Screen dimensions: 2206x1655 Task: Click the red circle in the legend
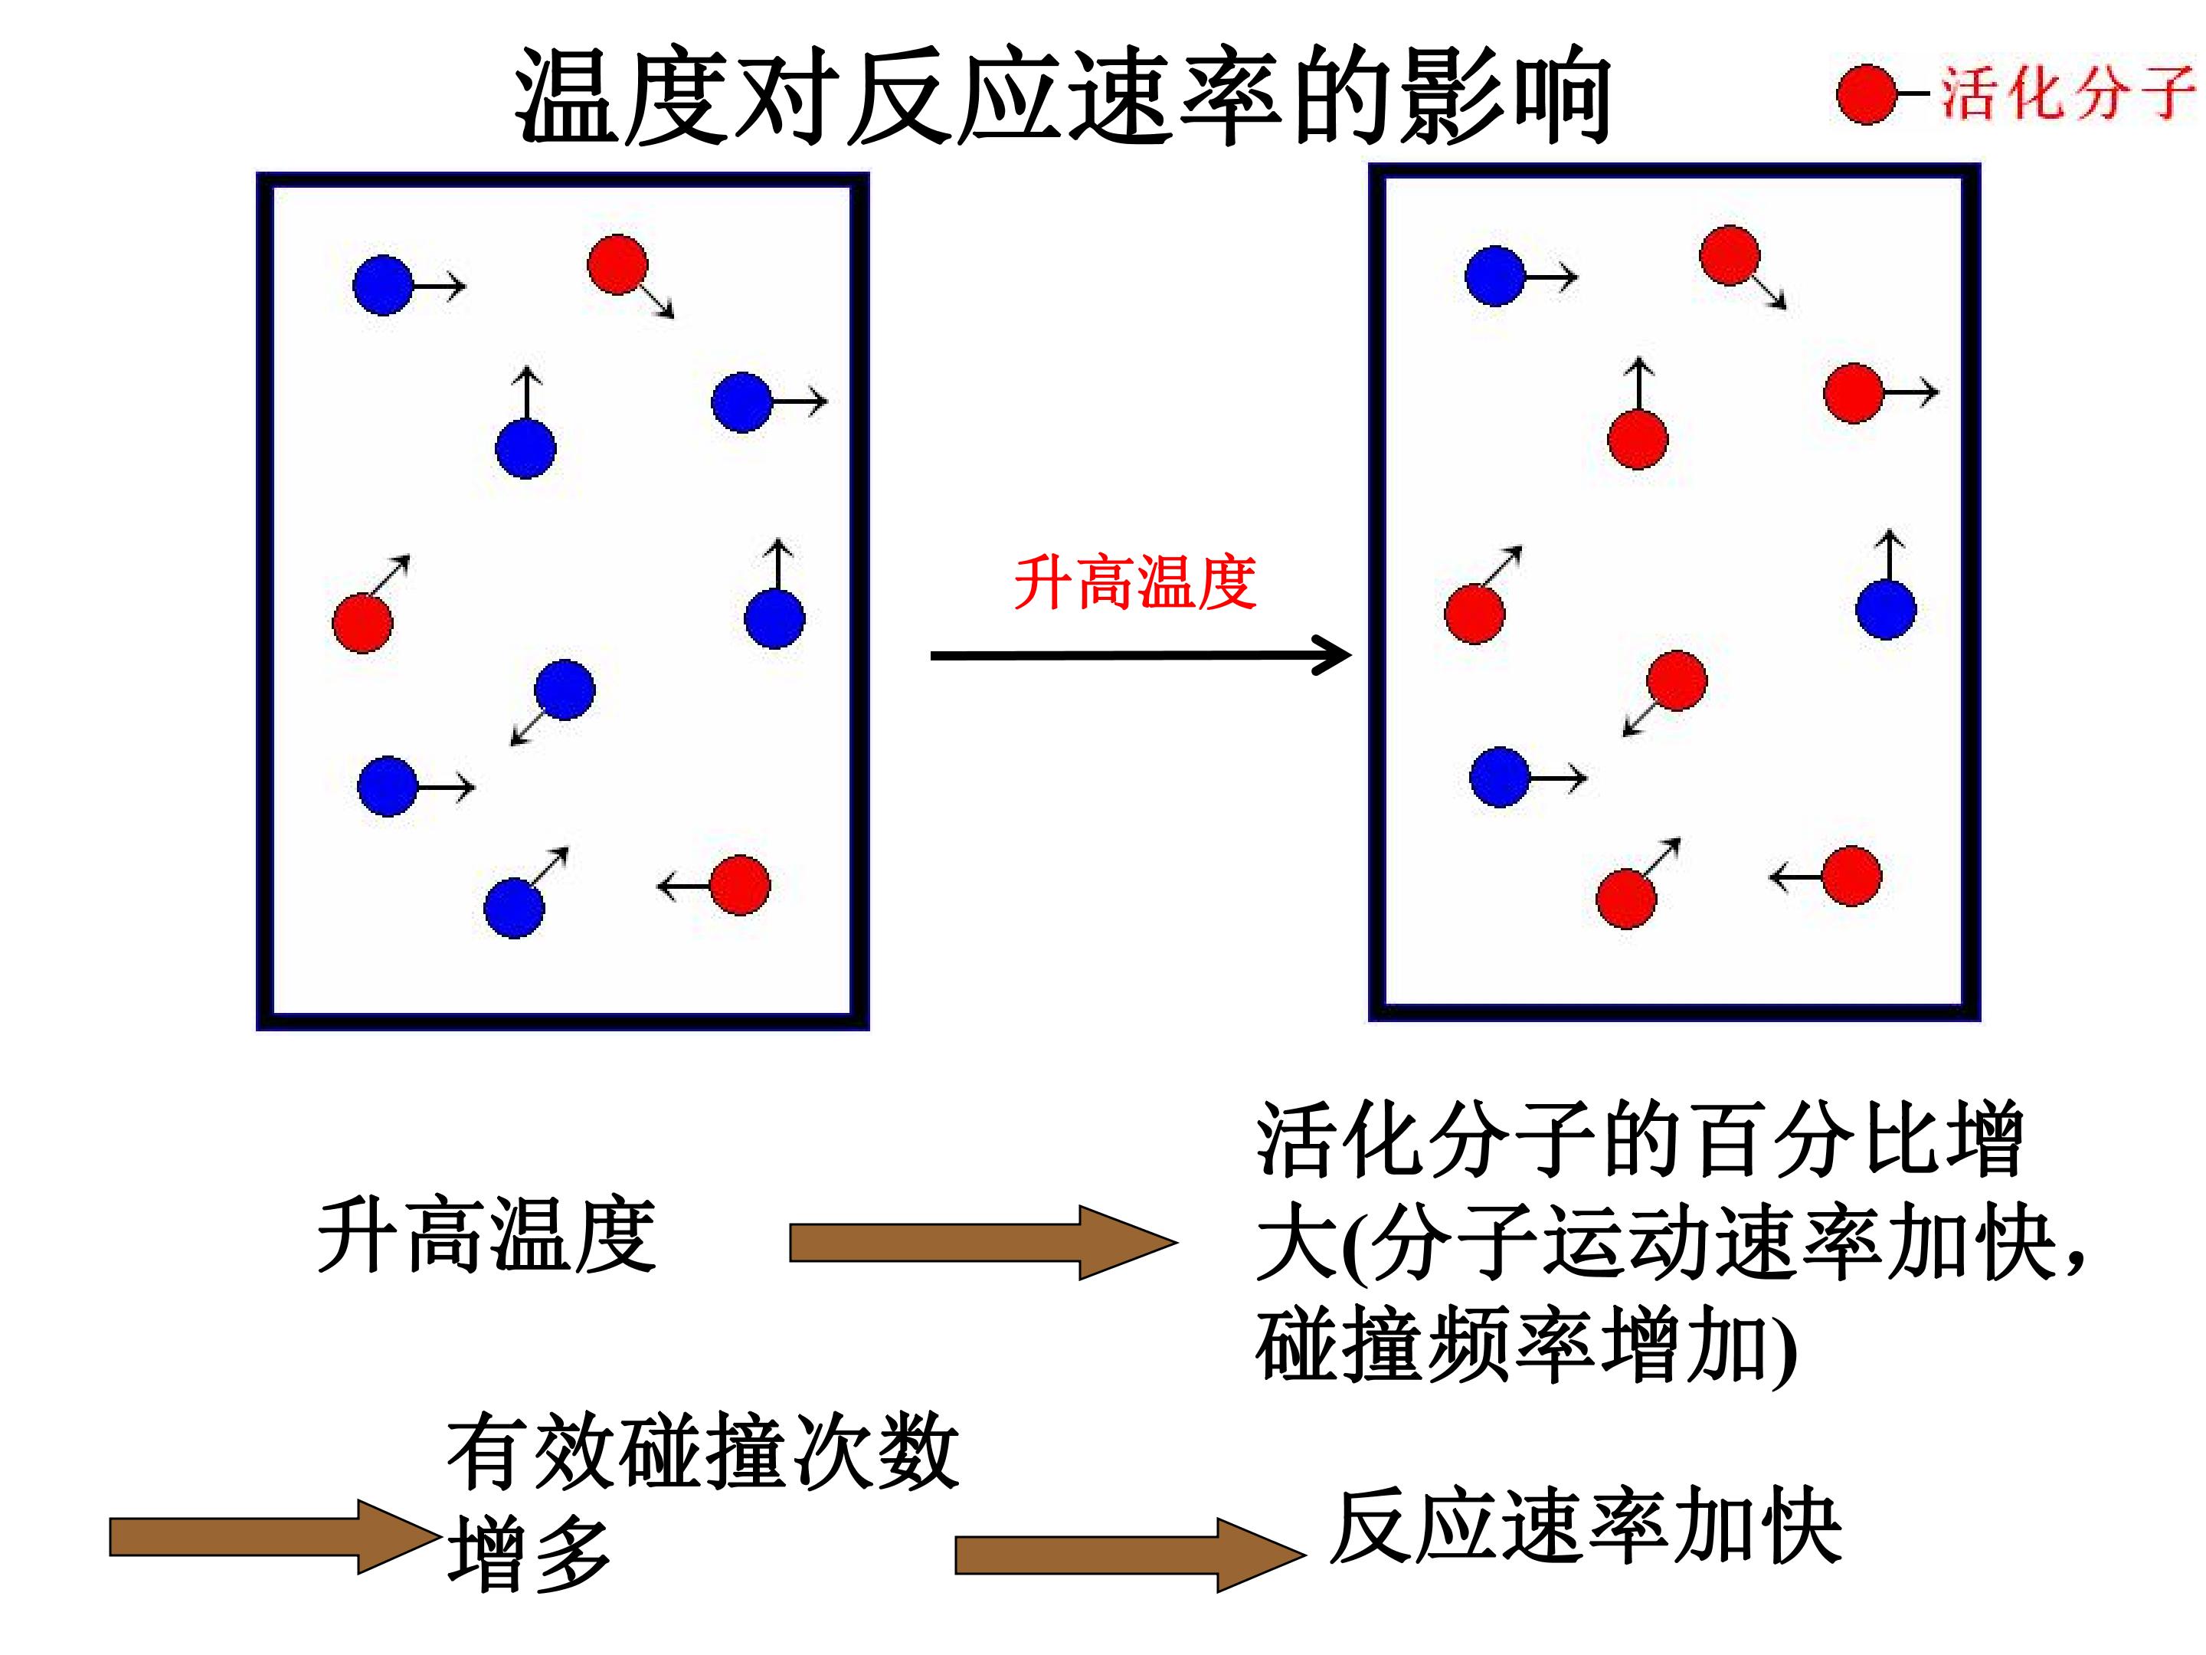[1866, 95]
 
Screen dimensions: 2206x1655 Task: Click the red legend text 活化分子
[2068, 93]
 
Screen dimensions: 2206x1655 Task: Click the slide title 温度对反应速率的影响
[1062, 95]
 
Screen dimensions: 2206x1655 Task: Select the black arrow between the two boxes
[1141, 655]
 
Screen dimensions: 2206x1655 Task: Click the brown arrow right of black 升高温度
[984, 1243]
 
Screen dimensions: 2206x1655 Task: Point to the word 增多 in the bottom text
[529, 1555]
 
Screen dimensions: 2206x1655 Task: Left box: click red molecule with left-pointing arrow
[740, 885]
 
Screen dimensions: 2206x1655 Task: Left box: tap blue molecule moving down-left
[565, 690]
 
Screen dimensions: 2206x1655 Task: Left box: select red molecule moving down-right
[618, 264]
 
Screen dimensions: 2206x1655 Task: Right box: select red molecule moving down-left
[1677, 680]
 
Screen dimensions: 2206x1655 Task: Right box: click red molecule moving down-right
[1730, 255]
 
